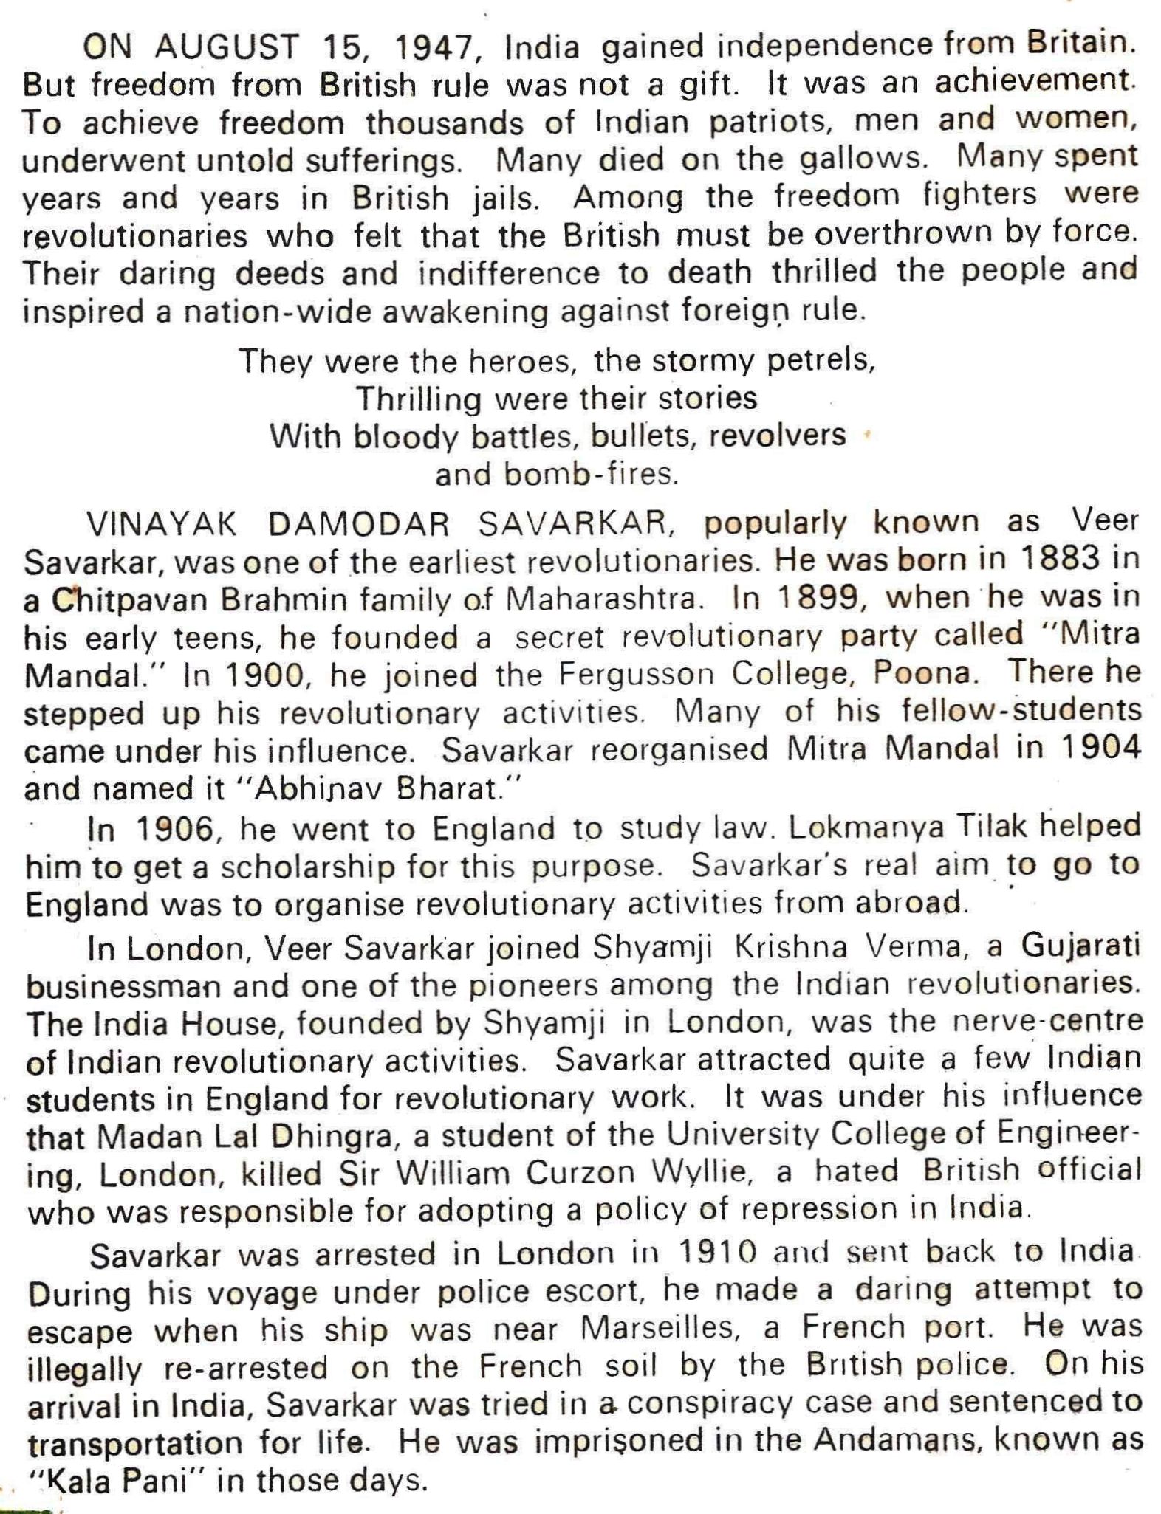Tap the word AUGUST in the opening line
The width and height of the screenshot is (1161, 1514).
[x=227, y=49]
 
